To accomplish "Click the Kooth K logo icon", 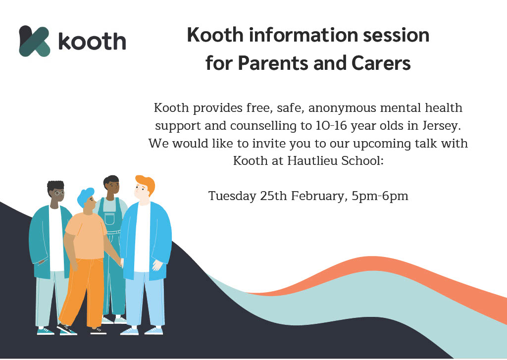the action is [35, 41].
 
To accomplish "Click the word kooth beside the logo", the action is [92, 42].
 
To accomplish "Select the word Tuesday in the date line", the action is [232, 196].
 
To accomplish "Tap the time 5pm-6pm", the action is [380, 196].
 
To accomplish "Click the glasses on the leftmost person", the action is [59, 193].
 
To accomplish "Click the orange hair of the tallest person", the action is [146, 184].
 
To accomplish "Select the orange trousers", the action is [83, 293].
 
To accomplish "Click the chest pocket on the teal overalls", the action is [109, 219].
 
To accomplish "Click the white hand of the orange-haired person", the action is [158, 265].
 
